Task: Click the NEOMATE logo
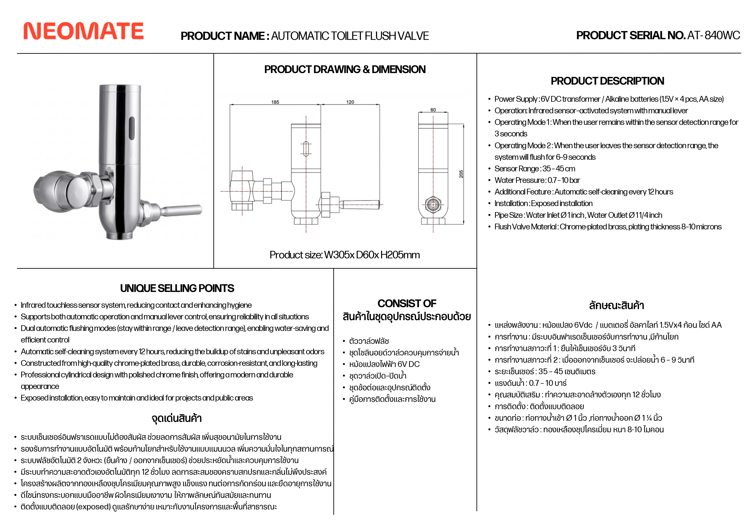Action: click(84, 31)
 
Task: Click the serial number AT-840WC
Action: click(713, 35)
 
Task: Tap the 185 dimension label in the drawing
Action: click(275, 102)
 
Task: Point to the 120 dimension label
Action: click(350, 102)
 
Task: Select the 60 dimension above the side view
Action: click(433, 110)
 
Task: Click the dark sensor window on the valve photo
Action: click(131, 127)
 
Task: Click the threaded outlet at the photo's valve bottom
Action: click(118, 235)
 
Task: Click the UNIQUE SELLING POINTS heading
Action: click(177, 288)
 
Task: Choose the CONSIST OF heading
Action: click(407, 303)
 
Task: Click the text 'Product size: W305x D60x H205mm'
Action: click(345, 255)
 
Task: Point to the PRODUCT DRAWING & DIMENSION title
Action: click(345, 69)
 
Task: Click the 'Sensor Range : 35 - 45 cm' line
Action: click(534, 169)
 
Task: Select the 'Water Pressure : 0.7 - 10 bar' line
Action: click(537, 180)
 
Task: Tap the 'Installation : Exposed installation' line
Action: click(543, 203)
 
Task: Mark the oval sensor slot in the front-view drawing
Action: click(306, 149)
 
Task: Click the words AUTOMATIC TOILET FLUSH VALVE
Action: click(350, 36)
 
